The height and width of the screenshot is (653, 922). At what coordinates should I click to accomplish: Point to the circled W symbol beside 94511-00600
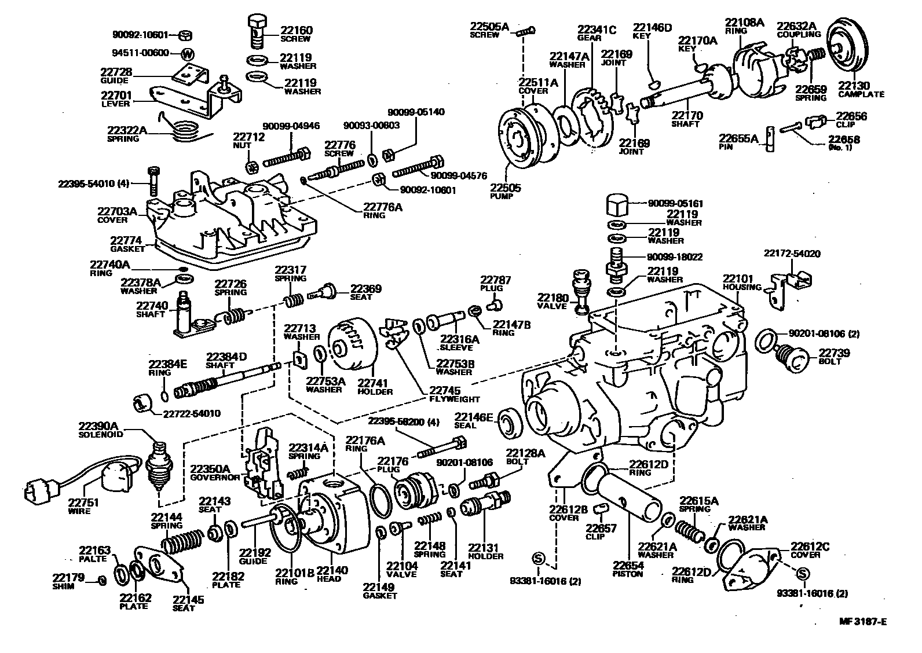pyautogui.click(x=188, y=54)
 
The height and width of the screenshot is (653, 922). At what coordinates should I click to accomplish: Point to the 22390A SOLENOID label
pyautogui.click(x=102, y=430)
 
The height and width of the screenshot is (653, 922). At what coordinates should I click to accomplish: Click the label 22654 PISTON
pyautogui.click(x=628, y=570)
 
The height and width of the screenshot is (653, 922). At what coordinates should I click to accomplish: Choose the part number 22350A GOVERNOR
pyautogui.click(x=214, y=472)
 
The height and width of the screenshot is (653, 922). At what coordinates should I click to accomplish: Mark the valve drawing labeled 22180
pyautogui.click(x=581, y=289)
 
